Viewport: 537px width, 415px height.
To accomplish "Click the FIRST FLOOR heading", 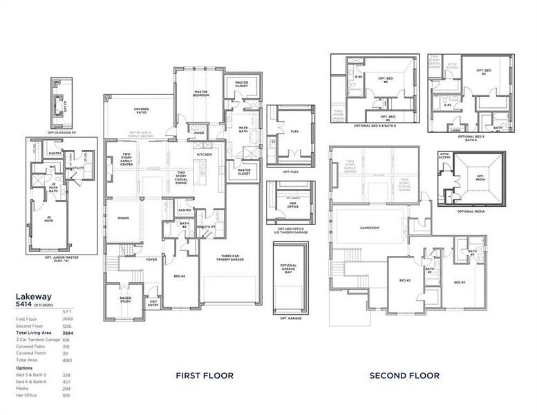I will pyautogui.click(x=204, y=376).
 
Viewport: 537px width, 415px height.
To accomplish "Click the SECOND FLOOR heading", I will pyautogui.click(x=404, y=376).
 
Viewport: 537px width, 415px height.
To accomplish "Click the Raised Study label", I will pyautogui.click(x=125, y=299).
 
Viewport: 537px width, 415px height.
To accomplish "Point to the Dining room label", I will pyautogui.click(x=123, y=218).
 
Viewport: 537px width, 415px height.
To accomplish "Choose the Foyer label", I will pyautogui.click(x=151, y=260).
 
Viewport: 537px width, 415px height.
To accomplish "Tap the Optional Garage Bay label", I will pyautogui.click(x=288, y=268).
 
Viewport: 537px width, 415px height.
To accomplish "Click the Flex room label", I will pyautogui.click(x=294, y=131).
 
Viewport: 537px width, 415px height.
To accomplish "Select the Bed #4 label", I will pyautogui.click(x=179, y=277).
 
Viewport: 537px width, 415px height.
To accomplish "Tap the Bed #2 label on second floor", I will pyautogui.click(x=405, y=280).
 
